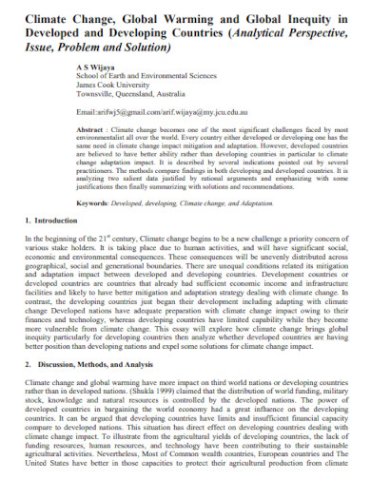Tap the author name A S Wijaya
click(x=96, y=69)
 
